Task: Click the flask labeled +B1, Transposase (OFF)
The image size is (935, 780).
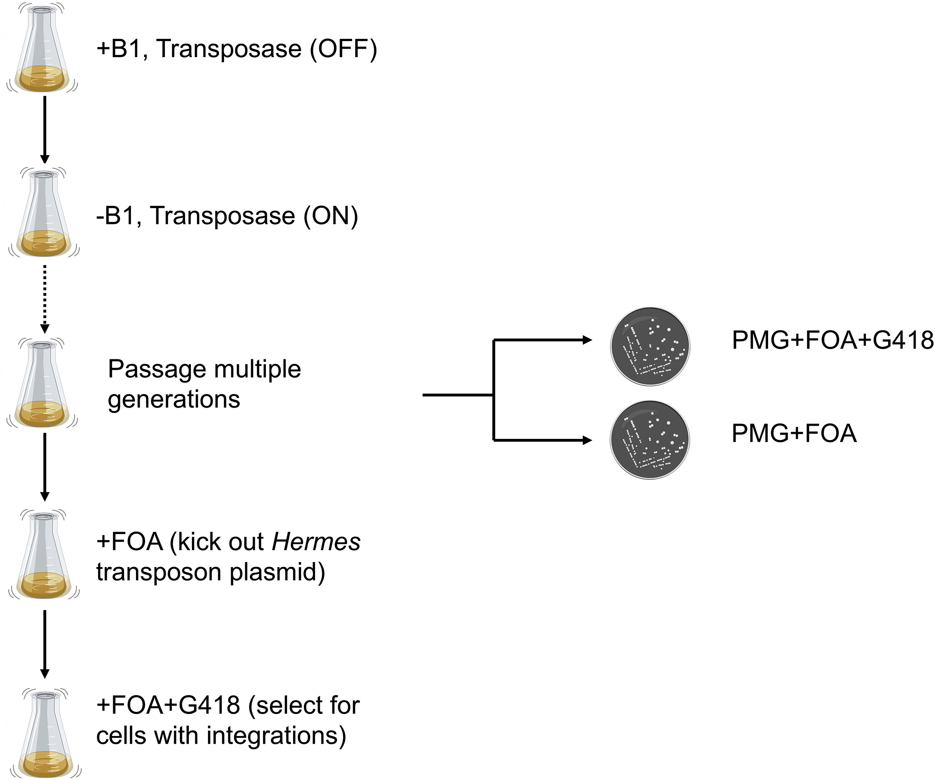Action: [x=43, y=49]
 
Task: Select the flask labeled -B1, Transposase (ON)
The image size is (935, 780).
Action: [x=44, y=214]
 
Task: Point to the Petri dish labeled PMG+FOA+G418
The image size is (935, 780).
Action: [x=650, y=346]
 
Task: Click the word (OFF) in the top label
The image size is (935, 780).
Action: [x=343, y=49]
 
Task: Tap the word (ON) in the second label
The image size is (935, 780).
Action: [x=330, y=216]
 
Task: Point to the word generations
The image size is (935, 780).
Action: [x=174, y=399]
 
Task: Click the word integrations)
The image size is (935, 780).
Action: [x=276, y=735]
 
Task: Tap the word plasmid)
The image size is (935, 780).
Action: [x=277, y=572]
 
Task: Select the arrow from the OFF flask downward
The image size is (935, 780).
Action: [x=44, y=129]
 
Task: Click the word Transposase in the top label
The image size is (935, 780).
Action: [x=229, y=49]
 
